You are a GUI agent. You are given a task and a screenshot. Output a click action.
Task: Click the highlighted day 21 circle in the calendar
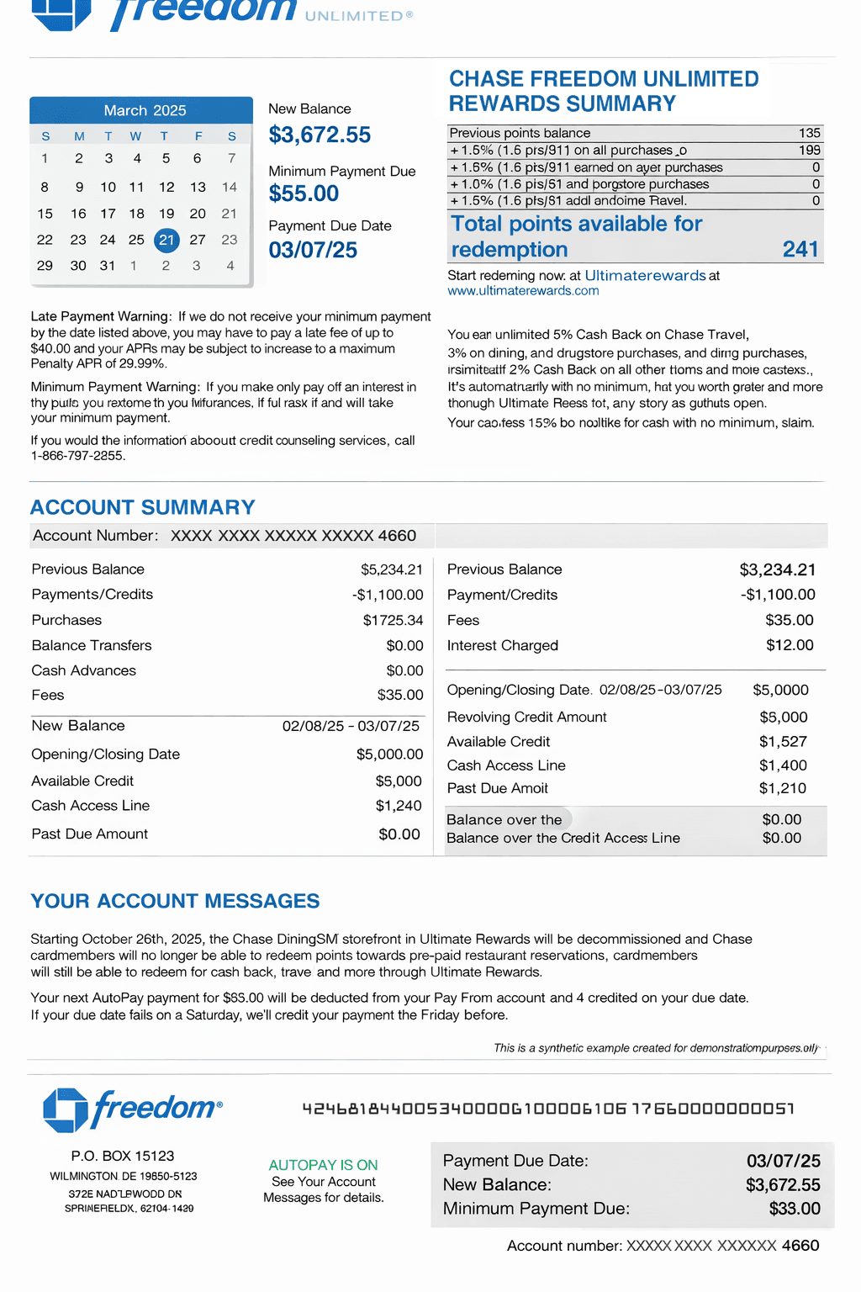166,240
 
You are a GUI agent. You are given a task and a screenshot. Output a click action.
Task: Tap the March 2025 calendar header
145,110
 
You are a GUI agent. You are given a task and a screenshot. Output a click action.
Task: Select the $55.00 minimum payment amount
304,193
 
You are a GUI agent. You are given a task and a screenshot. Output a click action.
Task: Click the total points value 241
800,249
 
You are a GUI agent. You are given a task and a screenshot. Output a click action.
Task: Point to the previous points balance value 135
809,133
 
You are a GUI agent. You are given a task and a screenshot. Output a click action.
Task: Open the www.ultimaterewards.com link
523,291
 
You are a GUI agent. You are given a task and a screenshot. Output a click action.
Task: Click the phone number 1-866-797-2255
77,456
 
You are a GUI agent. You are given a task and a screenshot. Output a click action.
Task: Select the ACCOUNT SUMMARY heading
143,507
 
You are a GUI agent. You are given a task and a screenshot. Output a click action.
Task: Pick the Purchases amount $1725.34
393,620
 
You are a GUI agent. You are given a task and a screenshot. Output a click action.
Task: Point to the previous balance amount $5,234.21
391,569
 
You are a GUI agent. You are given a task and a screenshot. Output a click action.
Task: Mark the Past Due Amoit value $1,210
782,788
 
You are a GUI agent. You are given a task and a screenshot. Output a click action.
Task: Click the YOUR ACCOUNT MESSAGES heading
175,901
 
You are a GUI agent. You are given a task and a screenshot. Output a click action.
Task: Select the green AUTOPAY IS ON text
323,1165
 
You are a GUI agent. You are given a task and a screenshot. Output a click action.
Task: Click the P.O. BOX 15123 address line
123,1156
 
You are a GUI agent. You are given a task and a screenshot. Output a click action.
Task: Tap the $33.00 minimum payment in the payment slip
794,1209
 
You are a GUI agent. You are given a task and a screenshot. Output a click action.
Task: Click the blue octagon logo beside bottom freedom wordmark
66,1109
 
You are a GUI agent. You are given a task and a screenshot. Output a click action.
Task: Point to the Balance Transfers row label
92,645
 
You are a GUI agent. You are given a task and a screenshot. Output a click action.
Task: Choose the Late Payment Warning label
101,316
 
